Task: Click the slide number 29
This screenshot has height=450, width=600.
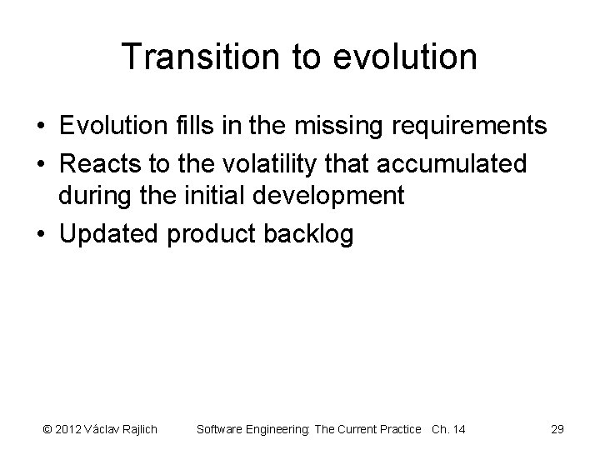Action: [557, 429]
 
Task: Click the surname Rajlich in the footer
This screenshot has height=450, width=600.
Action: [137, 429]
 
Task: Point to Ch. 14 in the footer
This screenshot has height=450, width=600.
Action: [448, 429]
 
